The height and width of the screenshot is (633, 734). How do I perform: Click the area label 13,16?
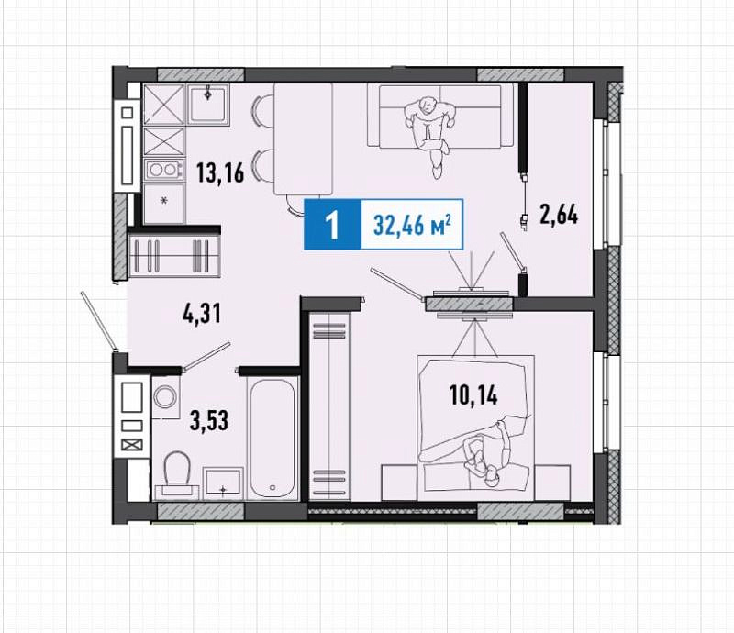(220, 172)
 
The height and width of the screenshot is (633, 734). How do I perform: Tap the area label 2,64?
(559, 216)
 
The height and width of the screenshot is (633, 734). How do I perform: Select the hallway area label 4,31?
(201, 313)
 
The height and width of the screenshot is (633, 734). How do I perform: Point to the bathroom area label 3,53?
(209, 420)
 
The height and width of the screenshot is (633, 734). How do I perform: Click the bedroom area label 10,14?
(473, 395)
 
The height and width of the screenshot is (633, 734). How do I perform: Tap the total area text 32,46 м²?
(412, 225)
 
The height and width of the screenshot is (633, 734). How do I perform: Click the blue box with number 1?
(332, 224)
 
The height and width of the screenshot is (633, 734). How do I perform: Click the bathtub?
(272, 439)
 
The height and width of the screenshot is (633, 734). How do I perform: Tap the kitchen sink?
(209, 105)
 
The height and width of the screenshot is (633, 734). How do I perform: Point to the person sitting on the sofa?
(430, 134)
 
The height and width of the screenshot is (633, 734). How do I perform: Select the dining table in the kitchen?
(303, 139)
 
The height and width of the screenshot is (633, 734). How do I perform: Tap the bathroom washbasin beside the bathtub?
(223, 483)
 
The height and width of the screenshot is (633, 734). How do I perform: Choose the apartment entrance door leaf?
(98, 321)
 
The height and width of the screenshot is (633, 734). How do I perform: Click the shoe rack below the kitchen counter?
(174, 256)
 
